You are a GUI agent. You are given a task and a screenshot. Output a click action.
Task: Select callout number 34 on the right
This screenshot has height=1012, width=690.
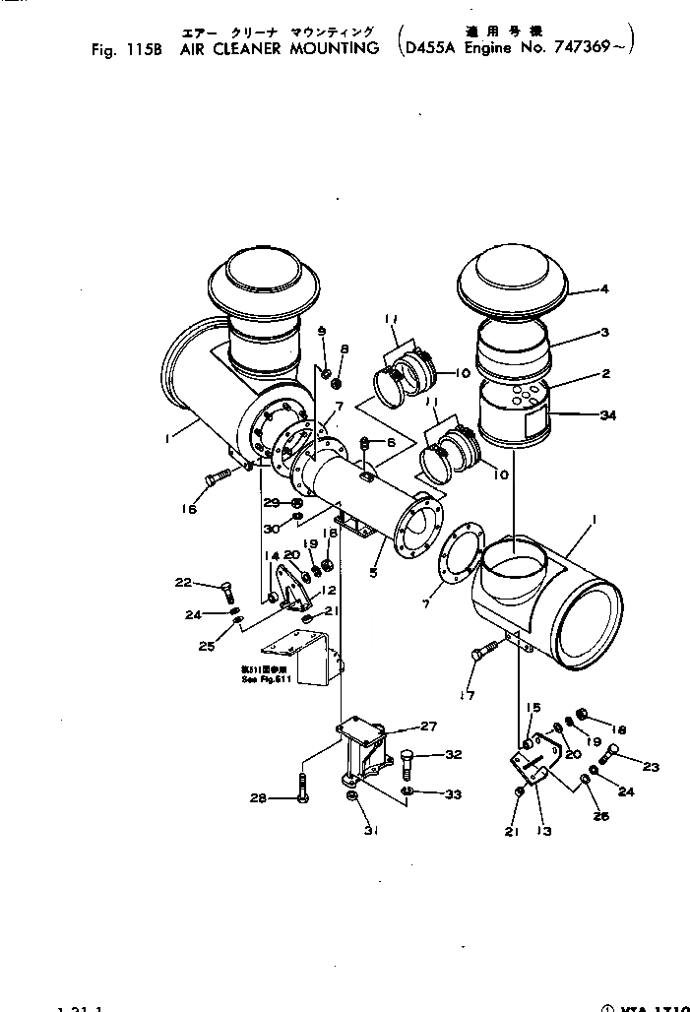tap(608, 415)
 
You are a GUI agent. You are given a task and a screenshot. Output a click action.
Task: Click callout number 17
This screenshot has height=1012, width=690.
tap(469, 696)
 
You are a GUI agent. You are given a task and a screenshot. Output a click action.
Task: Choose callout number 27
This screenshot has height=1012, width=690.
tap(428, 727)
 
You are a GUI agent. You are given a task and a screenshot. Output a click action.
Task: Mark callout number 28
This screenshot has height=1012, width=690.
tap(258, 798)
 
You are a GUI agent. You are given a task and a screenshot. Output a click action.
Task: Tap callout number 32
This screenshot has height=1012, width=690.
tap(452, 756)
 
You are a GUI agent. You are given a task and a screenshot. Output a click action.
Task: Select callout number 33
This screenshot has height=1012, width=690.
tap(452, 793)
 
